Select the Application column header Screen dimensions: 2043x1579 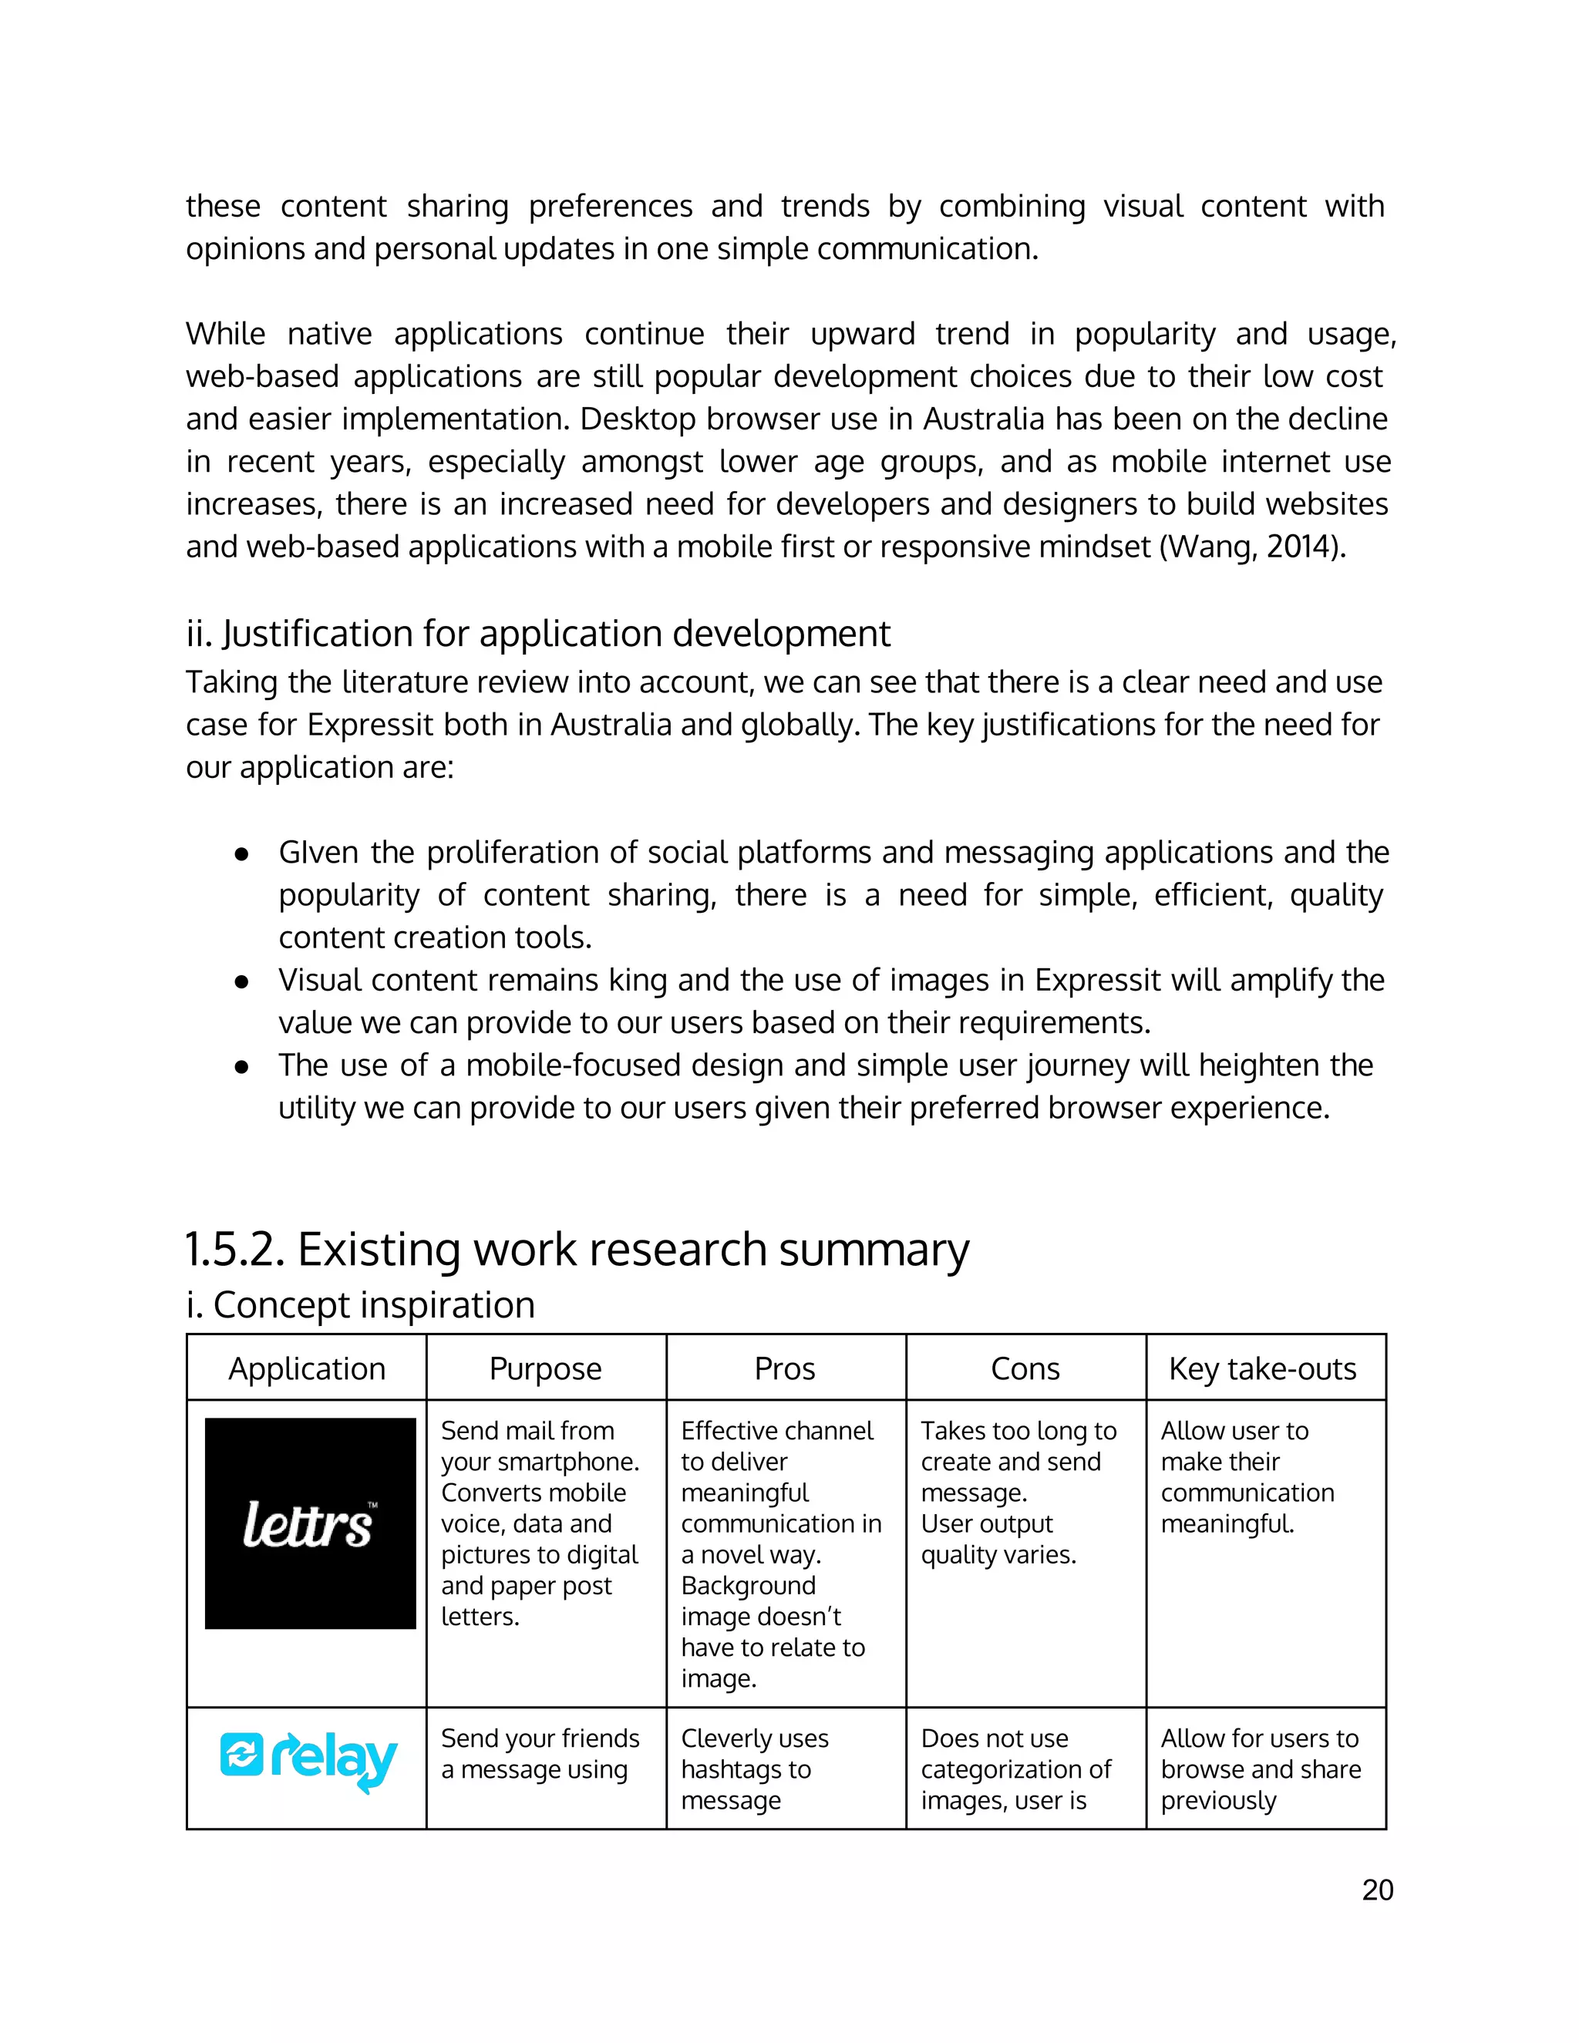tap(307, 1368)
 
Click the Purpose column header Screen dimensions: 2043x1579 tap(545, 1368)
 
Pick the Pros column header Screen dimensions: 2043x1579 tap(785, 1368)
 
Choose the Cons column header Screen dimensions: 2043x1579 tap(1025, 1368)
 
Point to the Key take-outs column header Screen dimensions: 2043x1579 tap(1262, 1368)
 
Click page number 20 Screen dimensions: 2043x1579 tap(1377, 1890)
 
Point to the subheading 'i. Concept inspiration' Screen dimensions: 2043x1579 tap(360, 1305)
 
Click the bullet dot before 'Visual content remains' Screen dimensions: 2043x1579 tap(241, 981)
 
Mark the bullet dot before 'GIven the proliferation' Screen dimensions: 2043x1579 tap(241, 854)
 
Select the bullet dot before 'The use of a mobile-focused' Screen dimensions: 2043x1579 tap(241, 1066)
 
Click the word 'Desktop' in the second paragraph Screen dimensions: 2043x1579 tap(638, 419)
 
